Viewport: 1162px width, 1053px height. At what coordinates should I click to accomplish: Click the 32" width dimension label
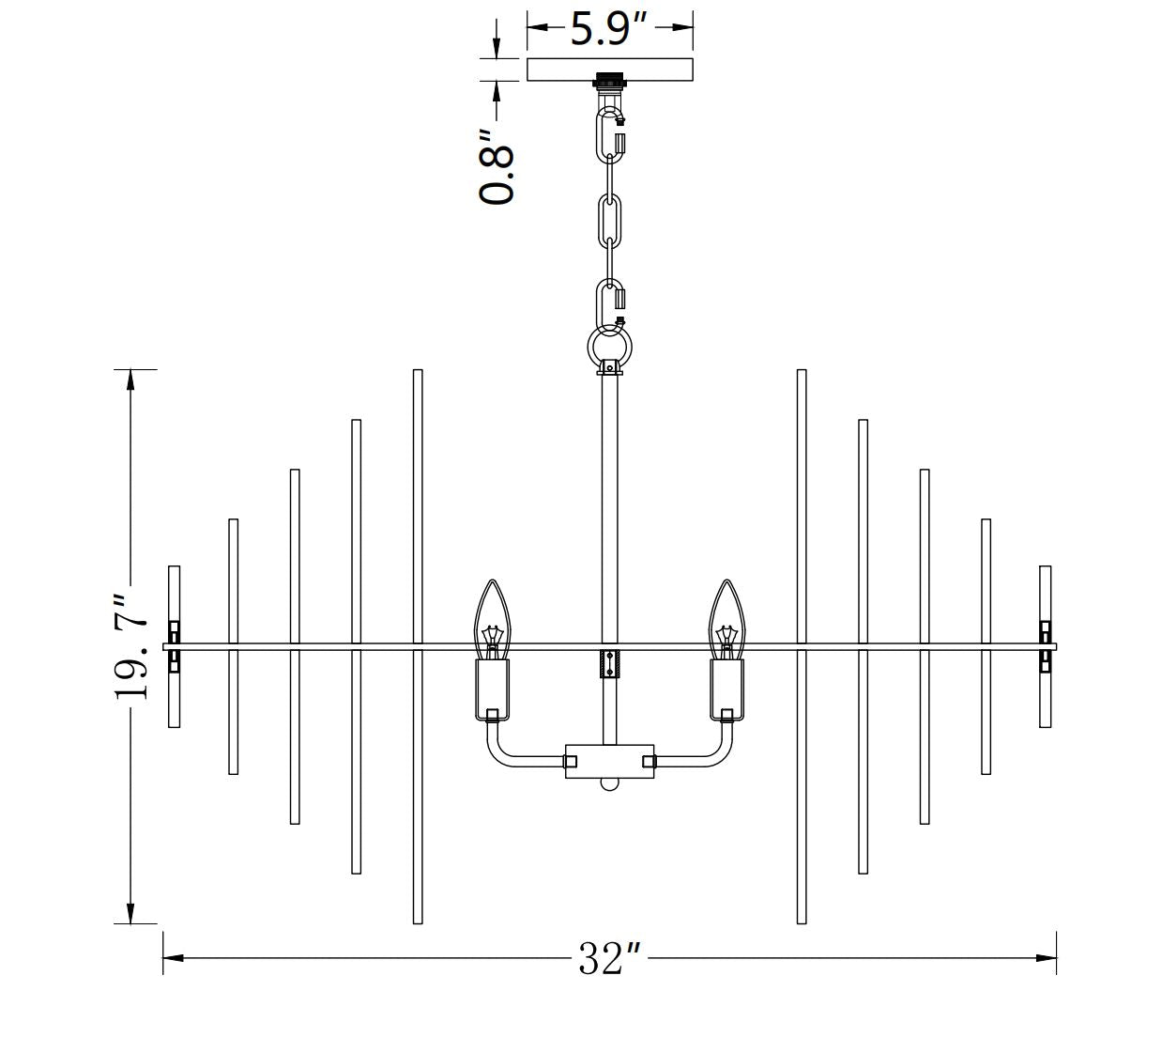point(609,959)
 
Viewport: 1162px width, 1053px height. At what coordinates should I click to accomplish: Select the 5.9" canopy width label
point(609,28)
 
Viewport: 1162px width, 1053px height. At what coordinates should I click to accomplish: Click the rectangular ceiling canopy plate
point(609,70)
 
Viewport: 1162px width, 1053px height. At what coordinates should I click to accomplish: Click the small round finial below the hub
point(609,783)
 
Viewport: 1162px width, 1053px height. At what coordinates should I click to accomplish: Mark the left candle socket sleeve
point(493,689)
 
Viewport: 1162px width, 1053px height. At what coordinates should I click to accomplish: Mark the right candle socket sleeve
point(726,689)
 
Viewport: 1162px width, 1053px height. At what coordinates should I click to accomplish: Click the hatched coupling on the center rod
point(609,663)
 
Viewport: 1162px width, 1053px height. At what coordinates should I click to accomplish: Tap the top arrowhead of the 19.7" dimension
point(130,379)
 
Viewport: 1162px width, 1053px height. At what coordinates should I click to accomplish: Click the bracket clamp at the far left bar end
point(174,646)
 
